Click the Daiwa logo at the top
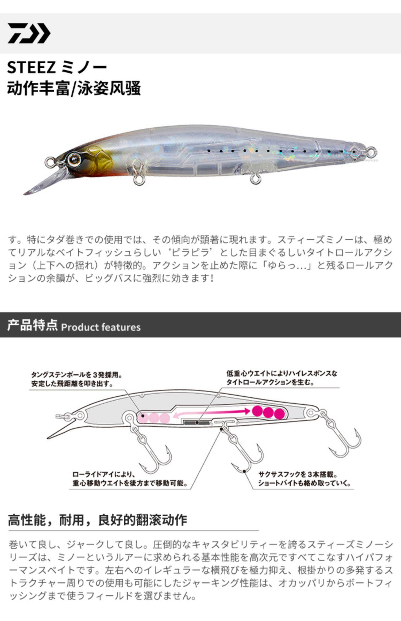(29, 33)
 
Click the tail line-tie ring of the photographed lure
(372, 151)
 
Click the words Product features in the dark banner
(101, 327)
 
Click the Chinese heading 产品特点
(32, 325)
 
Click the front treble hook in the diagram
(151, 455)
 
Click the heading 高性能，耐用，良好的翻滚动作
(97, 520)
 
